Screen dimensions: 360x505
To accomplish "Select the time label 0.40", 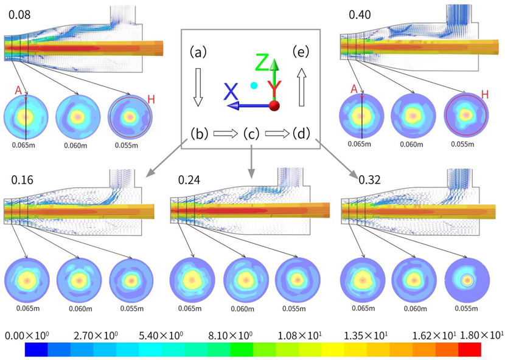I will (x=360, y=13).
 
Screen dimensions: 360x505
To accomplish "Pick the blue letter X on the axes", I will (x=231, y=91).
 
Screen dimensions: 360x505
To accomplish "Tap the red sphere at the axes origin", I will (x=274, y=105).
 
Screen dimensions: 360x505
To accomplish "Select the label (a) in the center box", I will (x=198, y=52).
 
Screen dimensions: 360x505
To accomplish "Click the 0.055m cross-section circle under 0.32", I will (x=467, y=280).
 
